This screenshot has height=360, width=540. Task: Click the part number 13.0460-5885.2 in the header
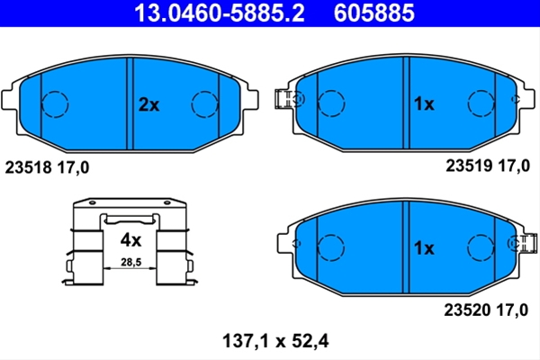[x=220, y=13]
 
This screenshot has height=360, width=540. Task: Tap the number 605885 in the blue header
[x=374, y=13]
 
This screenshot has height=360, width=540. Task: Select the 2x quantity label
[x=148, y=104]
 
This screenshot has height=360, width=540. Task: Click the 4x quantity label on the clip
[x=130, y=240]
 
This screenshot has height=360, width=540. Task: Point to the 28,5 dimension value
[x=130, y=263]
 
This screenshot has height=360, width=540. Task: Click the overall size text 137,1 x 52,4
[x=275, y=341]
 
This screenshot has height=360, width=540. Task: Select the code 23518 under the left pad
[x=28, y=167]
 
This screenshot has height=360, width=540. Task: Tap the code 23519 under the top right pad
[x=469, y=166]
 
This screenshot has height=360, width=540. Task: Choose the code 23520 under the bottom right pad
[x=467, y=310]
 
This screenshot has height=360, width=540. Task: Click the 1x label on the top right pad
[x=424, y=103]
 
